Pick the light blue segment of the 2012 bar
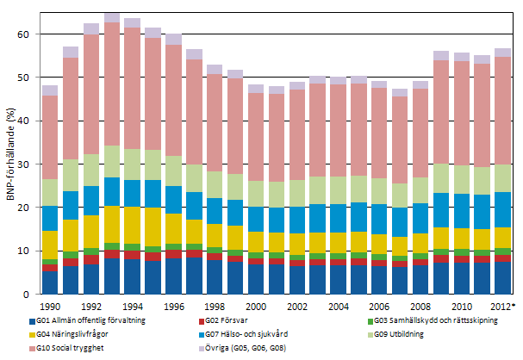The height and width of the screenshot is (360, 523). click(x=502, y=209)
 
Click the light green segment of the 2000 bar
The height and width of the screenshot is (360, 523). click(x=256, y=194)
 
